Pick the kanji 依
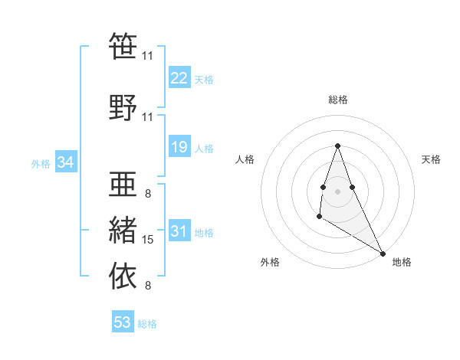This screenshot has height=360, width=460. [x=123, y=274]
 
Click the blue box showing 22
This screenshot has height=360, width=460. [x=179, y=78]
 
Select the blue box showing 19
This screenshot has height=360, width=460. [x=179, y=147]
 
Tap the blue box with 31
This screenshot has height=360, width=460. [x=179, y=231]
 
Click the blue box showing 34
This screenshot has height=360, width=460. [x=66, y=162]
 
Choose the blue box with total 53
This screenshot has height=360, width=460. [x=123, y=322]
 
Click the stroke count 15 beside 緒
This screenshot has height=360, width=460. [x=149, y=240]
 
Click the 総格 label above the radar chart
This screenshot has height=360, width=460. [x=337, y=100]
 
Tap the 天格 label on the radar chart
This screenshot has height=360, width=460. [x=431, y=159]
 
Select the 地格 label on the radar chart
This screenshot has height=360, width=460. [x=402, y=262]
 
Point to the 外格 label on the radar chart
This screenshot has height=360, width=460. [x=271, y=262]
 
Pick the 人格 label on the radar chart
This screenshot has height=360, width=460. [x=245, y=159]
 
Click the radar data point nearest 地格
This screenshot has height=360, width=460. [x=383, y=254]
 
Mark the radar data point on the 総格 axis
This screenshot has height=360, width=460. [x=337, y=146]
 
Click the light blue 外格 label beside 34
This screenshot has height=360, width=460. [x=41, y=163]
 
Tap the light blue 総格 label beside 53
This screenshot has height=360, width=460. [x=147, y=324]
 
